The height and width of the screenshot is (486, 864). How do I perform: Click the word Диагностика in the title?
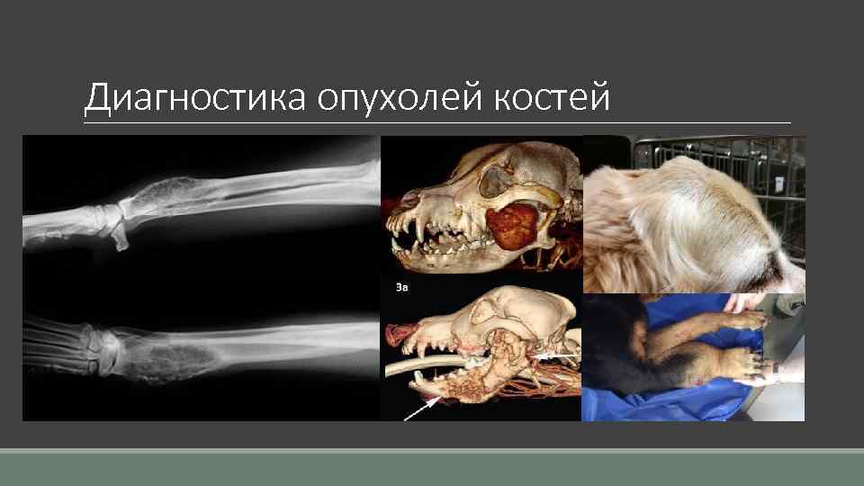point(196,97)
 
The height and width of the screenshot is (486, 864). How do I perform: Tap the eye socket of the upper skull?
point(496,180)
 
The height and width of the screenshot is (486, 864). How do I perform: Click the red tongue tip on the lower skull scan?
point(396,335)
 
